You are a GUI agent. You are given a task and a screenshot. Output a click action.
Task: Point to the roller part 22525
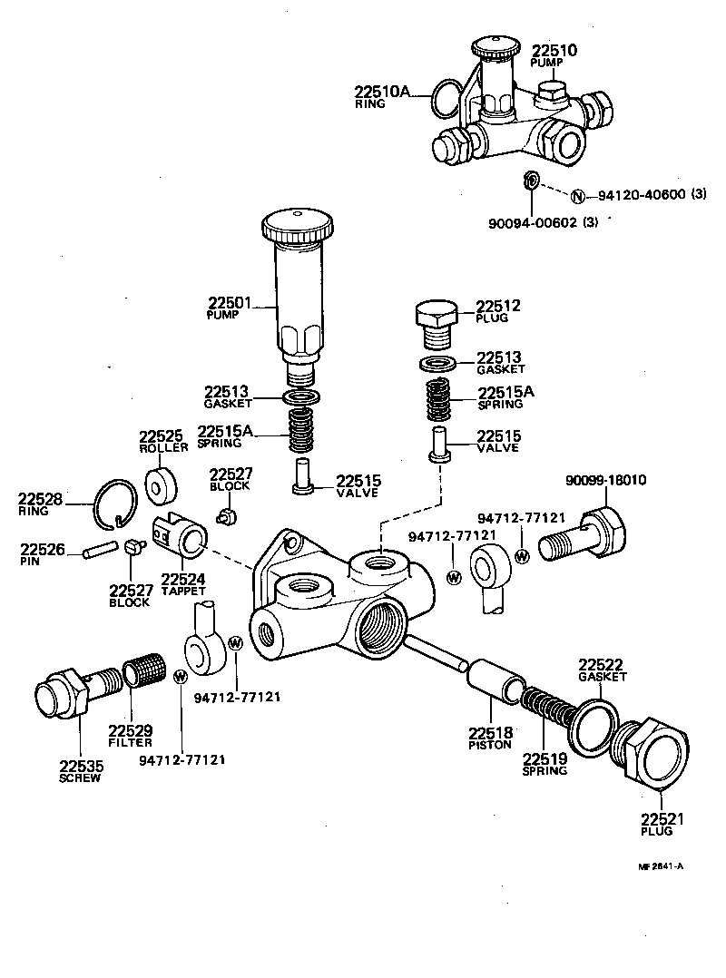(160, 481)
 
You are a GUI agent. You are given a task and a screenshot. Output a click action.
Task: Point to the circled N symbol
(577, 195)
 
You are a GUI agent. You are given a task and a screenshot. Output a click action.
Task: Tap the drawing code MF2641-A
(661, 866)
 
